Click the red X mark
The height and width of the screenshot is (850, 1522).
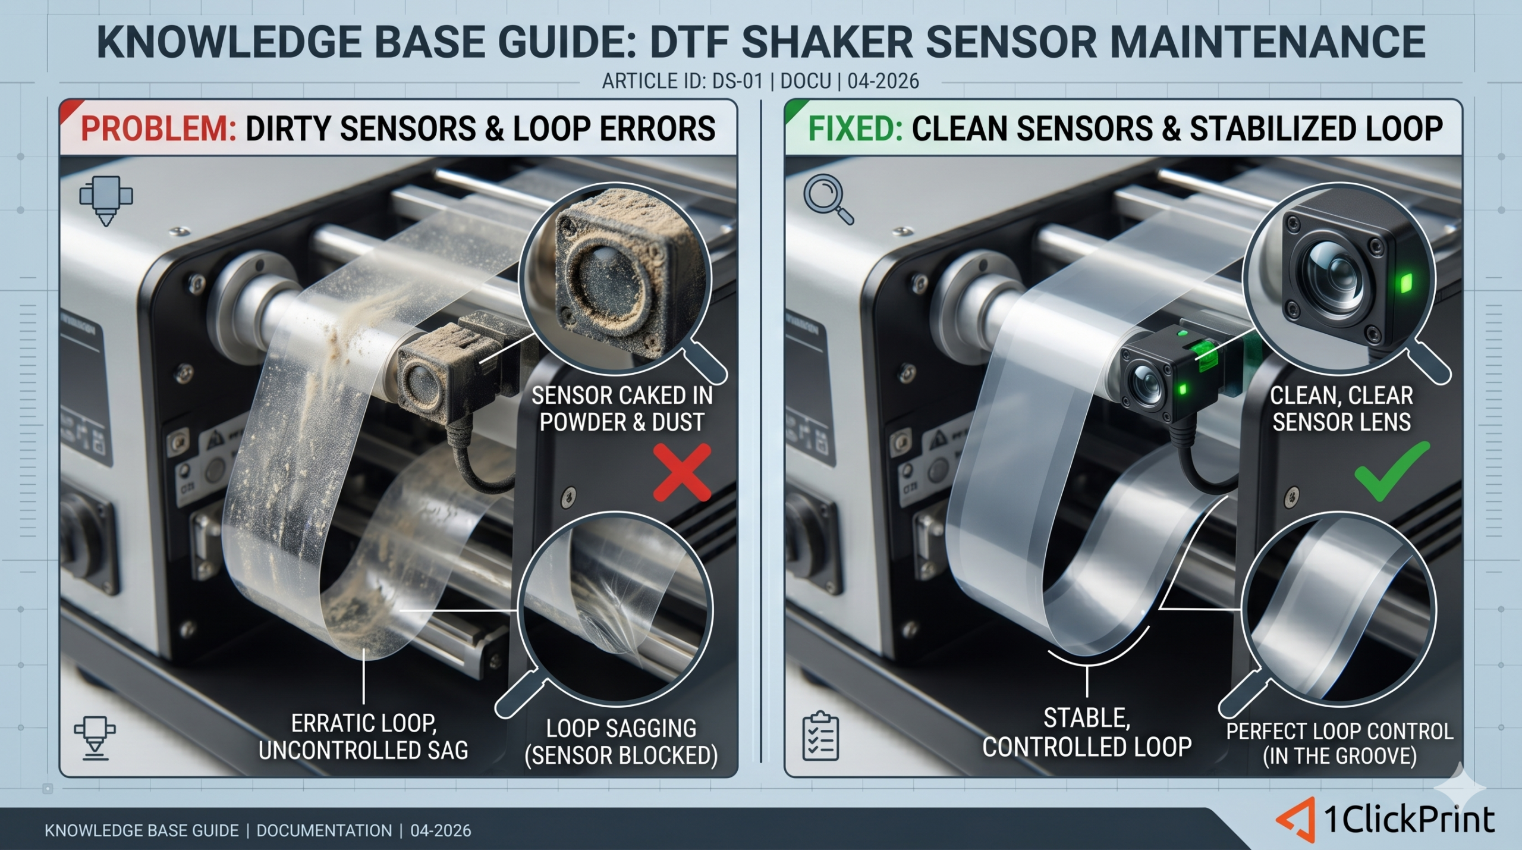pos(682,473)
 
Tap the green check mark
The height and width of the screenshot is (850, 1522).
pos(1391,479)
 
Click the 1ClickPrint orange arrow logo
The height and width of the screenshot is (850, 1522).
pos(1297,819)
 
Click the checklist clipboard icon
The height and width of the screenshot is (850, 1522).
pos(820,736)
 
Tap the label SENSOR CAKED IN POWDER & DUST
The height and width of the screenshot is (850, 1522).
pos(622,409)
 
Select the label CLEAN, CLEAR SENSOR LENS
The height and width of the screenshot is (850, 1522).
pos(1341,409)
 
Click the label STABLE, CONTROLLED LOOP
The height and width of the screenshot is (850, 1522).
pos(1087,733)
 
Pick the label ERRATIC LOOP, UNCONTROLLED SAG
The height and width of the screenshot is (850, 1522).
pos(363,737)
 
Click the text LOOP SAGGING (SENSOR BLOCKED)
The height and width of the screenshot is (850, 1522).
pos(621,742)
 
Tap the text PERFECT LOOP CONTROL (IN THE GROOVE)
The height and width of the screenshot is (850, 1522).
pos(1340,744)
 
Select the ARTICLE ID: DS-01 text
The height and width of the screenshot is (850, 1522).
pos(683,81)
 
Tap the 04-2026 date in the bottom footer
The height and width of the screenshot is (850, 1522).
pos(441,830)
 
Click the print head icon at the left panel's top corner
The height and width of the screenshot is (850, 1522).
pos(106,200)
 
